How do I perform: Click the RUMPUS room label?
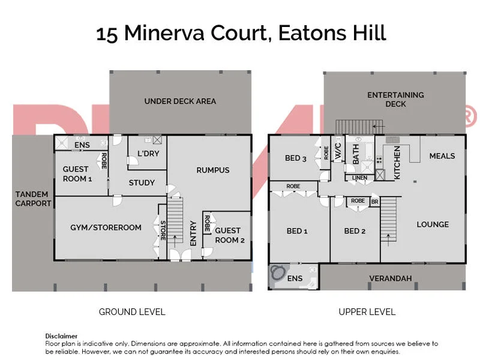213,170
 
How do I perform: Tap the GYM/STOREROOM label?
106,227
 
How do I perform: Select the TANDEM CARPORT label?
33,199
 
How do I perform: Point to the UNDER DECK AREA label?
180,101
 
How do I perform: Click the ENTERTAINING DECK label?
395,100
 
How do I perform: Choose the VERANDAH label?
391,278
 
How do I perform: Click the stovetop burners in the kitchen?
379,160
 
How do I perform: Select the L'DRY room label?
148,154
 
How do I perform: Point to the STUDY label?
142,183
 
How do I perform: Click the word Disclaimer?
61,336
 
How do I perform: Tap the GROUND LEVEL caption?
132,312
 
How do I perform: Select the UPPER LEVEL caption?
367,312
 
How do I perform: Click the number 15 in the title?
107,34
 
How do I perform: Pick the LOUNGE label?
433,224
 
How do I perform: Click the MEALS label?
442,156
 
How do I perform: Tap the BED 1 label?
297,231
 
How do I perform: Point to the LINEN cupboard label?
359,178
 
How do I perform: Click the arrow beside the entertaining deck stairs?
379,126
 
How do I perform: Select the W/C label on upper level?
338,151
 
